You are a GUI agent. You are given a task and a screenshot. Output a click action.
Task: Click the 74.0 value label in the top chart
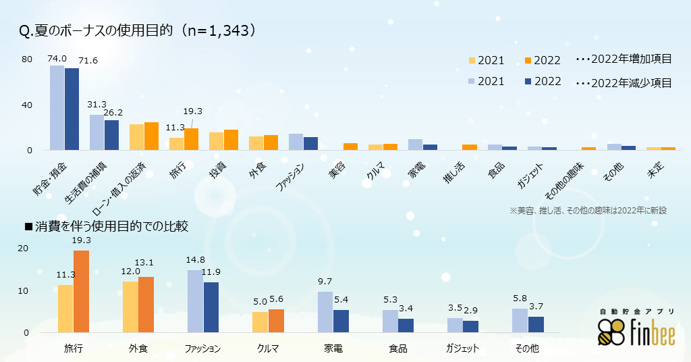[x=57, y=59]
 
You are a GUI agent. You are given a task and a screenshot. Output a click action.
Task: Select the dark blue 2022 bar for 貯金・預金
[x=72, y=109]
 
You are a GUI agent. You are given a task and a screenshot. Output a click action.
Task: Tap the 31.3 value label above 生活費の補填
[x=97, y=105]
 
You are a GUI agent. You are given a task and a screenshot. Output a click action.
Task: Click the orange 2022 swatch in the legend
[x=528, y=60]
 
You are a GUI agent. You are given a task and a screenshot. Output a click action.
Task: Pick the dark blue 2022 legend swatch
[x=528, y=82]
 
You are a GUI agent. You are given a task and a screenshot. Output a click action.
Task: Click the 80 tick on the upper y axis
[x=27, y=59]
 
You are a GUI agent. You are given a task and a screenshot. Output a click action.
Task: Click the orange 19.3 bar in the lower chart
[x=81, y=291]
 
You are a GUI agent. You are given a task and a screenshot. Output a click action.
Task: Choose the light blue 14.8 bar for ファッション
[x=195, y=301]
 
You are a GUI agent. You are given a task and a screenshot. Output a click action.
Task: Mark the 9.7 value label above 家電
[x=325, y=282]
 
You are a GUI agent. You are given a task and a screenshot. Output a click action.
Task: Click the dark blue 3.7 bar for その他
[x=536, y=324]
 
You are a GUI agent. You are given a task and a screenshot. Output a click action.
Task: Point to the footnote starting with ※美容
[x=588, y=211]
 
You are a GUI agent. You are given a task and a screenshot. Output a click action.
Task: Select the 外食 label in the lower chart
[x=138, y=348]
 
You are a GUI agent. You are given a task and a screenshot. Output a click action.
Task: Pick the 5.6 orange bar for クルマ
[x=276, y=321]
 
